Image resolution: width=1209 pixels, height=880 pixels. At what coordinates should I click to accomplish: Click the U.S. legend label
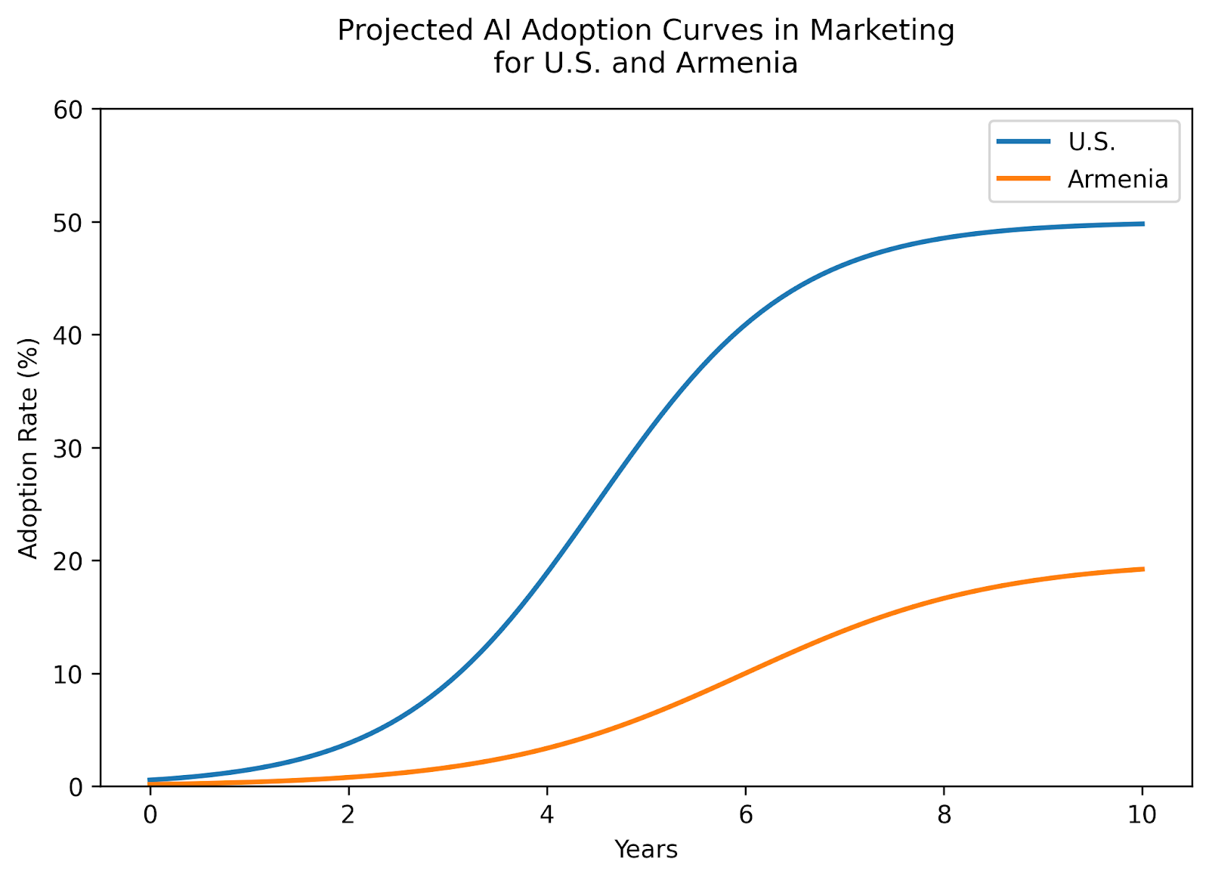click(1091, 141)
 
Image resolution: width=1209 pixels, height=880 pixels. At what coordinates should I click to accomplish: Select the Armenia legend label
click(1118, 179)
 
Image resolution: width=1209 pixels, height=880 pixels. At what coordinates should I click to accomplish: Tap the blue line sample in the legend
click(1023, 141)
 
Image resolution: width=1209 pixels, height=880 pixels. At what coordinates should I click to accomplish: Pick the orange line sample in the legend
click(1023, 179)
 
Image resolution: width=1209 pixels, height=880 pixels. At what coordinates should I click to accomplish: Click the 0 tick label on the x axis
click(150, 814)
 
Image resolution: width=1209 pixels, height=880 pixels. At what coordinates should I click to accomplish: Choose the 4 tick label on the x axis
click(546, 814)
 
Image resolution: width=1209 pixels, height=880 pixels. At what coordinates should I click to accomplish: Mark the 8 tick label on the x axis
click(943, 814)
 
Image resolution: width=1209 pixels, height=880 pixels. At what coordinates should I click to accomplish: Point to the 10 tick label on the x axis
click(1142, 814)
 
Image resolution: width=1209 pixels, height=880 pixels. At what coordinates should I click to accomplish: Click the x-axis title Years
click(646, 850)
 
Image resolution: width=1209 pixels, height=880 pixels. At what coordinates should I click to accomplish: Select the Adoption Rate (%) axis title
click(29, 448)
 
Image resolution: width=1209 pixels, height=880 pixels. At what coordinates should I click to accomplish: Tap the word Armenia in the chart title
click(737, 63)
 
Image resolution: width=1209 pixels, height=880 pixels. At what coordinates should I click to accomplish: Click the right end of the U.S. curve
click(1142, 224)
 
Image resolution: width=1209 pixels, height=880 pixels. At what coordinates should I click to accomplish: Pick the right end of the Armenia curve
click(1142, 569)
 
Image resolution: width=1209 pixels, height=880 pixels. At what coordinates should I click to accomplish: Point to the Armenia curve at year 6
click(745, 672)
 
